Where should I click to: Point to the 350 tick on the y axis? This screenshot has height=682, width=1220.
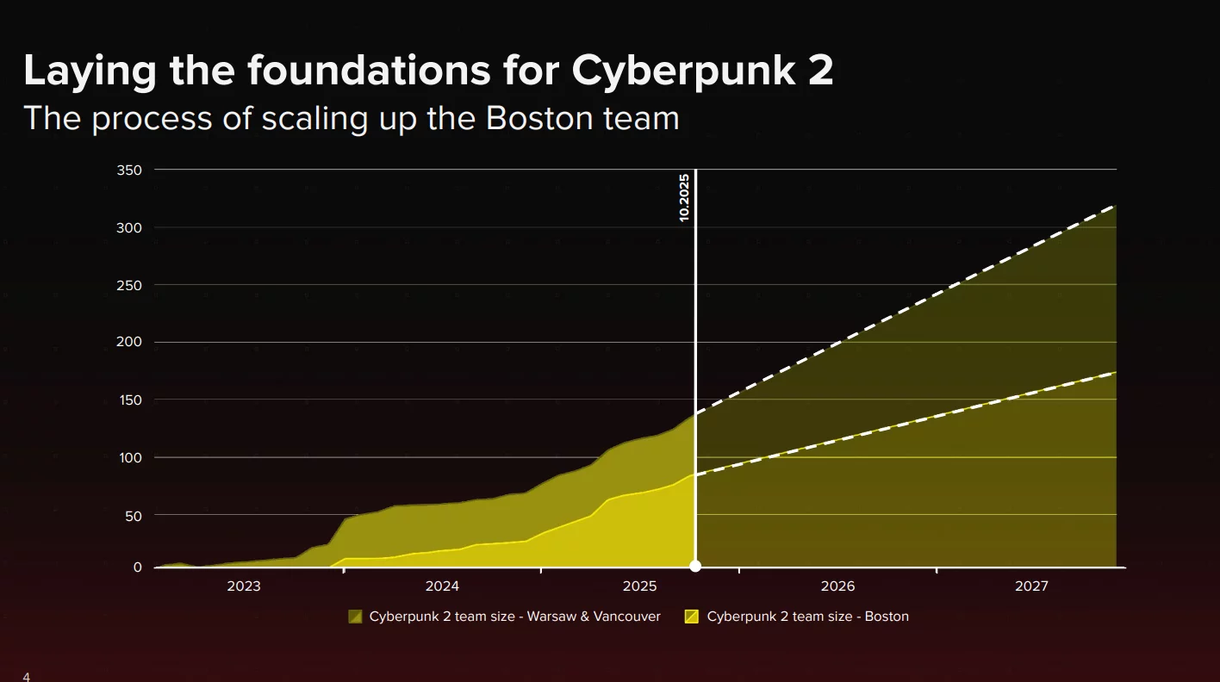click(x=129, y=170)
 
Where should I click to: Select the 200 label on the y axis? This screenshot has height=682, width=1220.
click(x=129, y=343)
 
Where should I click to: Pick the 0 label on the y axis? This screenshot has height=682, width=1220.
click(x=137, y=567)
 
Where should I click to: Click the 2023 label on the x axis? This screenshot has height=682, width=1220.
click(x=244, y=586)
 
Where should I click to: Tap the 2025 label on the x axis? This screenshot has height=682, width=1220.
click(x=640, y=586)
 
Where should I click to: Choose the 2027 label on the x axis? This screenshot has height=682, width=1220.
click(x=1031, y=586)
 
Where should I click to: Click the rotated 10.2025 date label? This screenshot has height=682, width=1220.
click(x=684, y=198)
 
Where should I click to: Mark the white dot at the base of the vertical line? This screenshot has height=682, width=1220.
click(x=695, y=567)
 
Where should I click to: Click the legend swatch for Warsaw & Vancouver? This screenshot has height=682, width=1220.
click(x=355, y=617)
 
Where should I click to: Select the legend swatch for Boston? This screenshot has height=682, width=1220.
click(x=691, y=617)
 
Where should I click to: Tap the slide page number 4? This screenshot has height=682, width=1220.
click(x=27, y=677)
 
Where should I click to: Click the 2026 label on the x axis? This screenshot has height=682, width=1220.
click(x=837, y=586)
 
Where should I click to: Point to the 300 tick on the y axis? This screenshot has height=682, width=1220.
click(x=129, y=228)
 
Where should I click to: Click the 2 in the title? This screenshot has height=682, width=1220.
click(x=821, y=71)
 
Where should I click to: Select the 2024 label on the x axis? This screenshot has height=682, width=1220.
click(x=442, y=586)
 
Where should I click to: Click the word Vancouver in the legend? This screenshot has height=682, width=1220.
click(x=626, y=617)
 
